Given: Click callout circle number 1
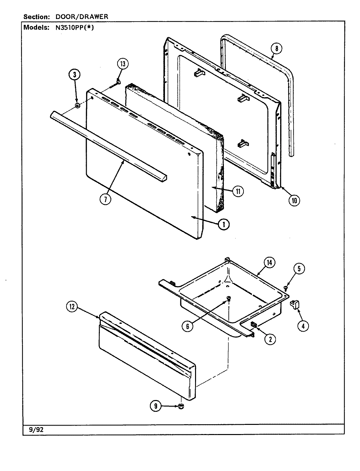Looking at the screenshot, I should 224,224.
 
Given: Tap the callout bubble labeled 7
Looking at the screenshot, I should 105,199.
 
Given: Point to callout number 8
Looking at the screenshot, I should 276,49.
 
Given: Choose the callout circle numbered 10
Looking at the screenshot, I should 294,200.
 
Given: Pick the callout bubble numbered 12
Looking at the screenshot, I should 72,307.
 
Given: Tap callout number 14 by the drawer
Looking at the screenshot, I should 270,262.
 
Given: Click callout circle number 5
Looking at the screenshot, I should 299,269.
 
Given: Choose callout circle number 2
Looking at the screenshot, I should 270,339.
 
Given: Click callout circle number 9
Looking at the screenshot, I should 155,406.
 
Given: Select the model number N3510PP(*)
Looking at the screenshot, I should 72,27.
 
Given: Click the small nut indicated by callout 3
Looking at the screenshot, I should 78,106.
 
